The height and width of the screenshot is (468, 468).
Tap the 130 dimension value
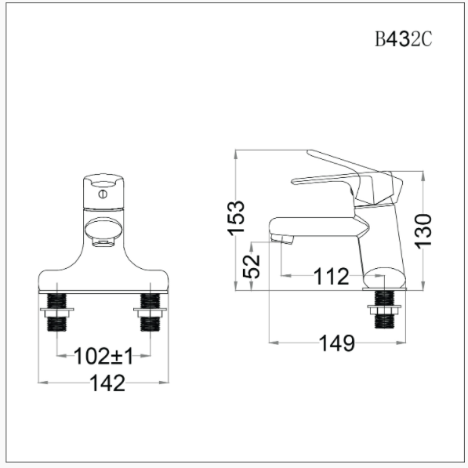pyautogui.click(x=423, y=230)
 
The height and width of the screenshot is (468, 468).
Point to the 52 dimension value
pyautogui.click(x=252, y=266)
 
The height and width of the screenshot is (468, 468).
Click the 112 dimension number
pyautogui.click(x=331, y=276)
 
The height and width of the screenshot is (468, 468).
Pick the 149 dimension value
pyautogui.click(x=337, y=343)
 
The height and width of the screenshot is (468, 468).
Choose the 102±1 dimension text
pyautogui.click(x=103, y=357)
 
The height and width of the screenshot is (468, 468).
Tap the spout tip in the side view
pyautogui.click(x=281, y=236)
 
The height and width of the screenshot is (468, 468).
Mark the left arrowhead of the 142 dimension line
pyautogui.click(x=42, y=383)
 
